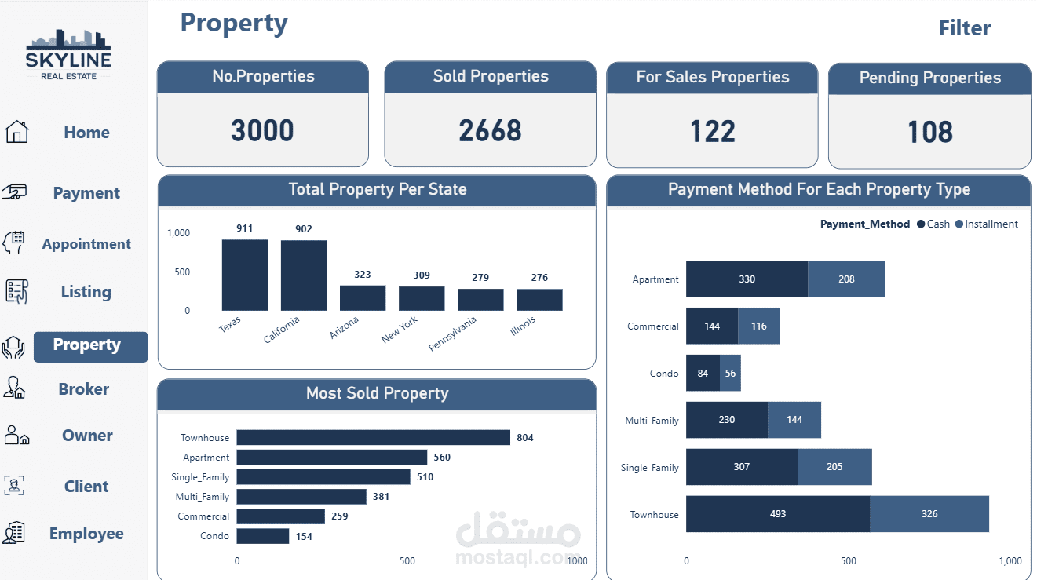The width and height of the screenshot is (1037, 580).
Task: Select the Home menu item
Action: [86, 133]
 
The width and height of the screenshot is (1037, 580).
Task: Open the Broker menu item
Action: [83, 389]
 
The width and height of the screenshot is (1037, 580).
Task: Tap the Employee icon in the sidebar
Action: [14, 533]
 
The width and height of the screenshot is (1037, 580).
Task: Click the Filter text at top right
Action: [964, 28]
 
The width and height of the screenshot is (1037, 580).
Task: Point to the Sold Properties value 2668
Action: [490, 130]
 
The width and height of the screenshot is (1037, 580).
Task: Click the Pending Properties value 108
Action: [929, 132]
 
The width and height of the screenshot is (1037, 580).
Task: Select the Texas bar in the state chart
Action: [244, 275]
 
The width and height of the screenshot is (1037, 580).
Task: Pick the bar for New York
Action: [422, 298]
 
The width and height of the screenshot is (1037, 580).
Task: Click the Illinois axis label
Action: [524, 325]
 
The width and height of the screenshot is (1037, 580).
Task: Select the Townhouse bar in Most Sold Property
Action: [373, 437]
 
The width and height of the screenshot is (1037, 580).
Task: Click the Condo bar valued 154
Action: [262, 536]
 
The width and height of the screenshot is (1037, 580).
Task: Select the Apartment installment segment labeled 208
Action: [845, 279]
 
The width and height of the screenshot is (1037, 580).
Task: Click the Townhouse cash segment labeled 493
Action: [777, 514]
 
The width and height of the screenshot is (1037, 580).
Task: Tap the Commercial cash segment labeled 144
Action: [711, 326]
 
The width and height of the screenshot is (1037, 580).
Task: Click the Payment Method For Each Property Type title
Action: [819, 189]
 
